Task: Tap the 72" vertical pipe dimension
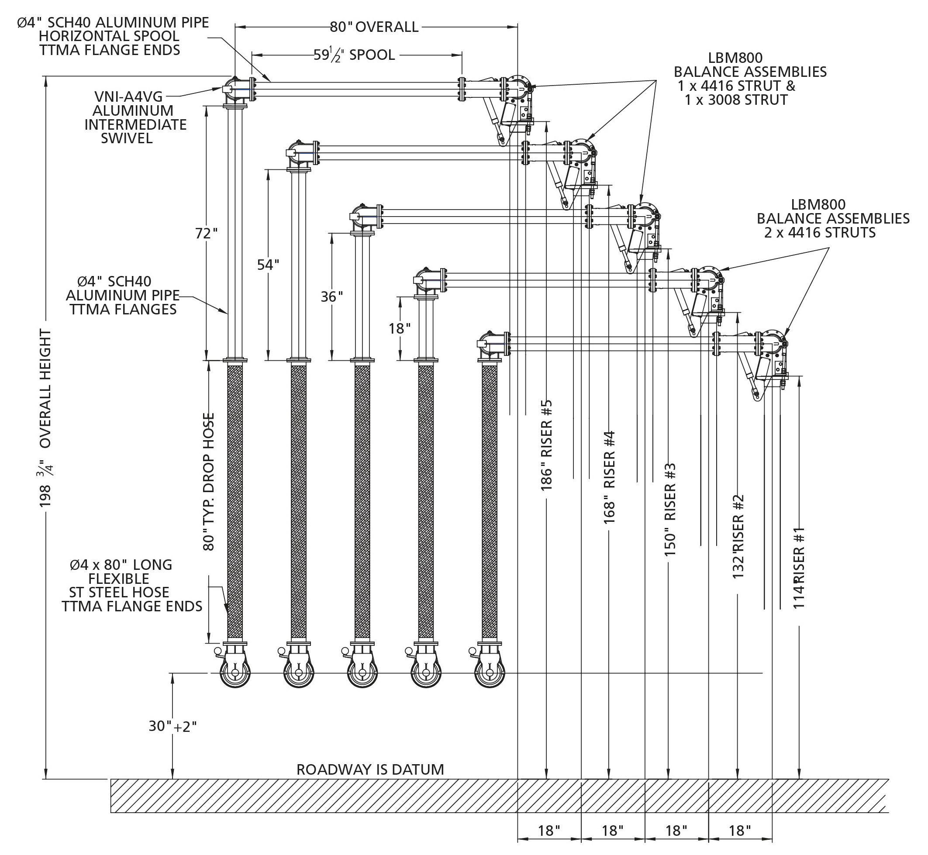(206, 233)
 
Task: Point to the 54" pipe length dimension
(268, 265)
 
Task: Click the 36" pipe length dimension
(332, 296)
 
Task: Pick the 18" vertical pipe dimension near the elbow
(400, 328)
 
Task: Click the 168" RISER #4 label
(609, 477)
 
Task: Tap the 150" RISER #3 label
(670, 509)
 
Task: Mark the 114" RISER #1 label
(800, 568)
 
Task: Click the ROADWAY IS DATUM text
(370, 769)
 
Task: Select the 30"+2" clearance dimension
(172, 726)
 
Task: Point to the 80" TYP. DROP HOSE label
(209, 482)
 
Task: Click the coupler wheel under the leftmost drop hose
(235, 673)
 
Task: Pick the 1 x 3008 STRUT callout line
(736, 100)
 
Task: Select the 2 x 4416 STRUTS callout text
(820, 232)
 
